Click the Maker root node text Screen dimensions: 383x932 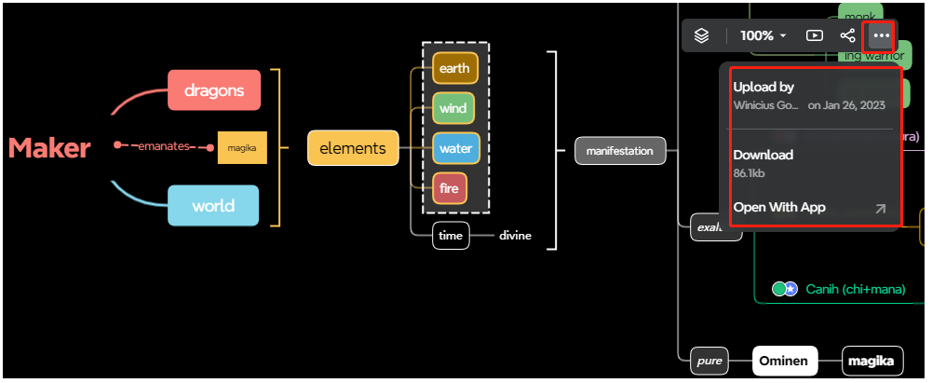click(49, 147)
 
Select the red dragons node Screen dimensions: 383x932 click(214, 90)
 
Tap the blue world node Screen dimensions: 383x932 click(213, 206)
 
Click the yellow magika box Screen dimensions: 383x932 click(242, 147)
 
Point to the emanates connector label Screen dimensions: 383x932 click(164, 146)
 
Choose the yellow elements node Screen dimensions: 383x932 click(353, 148)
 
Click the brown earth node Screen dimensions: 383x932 click(455, 68)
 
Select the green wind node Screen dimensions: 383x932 click(454, 108)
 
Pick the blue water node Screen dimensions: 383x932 click(455, 148)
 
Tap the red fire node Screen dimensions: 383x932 click(450, 188)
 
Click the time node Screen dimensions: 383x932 click(451, 236)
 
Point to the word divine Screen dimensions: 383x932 click(515, 236)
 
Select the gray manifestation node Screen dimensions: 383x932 click(620, 150)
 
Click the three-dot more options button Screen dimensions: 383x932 click(881, 35)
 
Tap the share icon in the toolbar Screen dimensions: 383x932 click(847, 35)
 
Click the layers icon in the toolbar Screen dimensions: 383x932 click(702, 35)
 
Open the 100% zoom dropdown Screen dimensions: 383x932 click(763, 35)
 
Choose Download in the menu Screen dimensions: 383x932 click(763, 155)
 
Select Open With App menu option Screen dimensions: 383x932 click(779, 208)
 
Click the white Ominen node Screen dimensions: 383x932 click(785, 361)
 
